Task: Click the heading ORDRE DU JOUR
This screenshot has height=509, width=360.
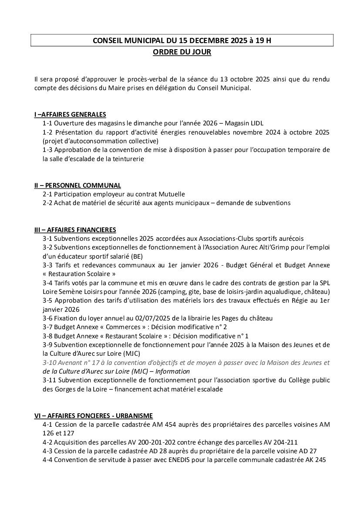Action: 182,52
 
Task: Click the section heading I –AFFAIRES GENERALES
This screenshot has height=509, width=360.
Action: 70,115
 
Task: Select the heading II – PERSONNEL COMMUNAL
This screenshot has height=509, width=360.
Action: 77,185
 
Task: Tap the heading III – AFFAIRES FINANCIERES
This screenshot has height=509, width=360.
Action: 75,229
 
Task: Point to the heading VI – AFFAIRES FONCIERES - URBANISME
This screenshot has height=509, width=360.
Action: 94,416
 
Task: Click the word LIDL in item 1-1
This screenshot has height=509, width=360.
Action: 256,123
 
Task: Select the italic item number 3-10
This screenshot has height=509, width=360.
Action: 49,363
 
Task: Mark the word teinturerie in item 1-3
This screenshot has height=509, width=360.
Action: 126,159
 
